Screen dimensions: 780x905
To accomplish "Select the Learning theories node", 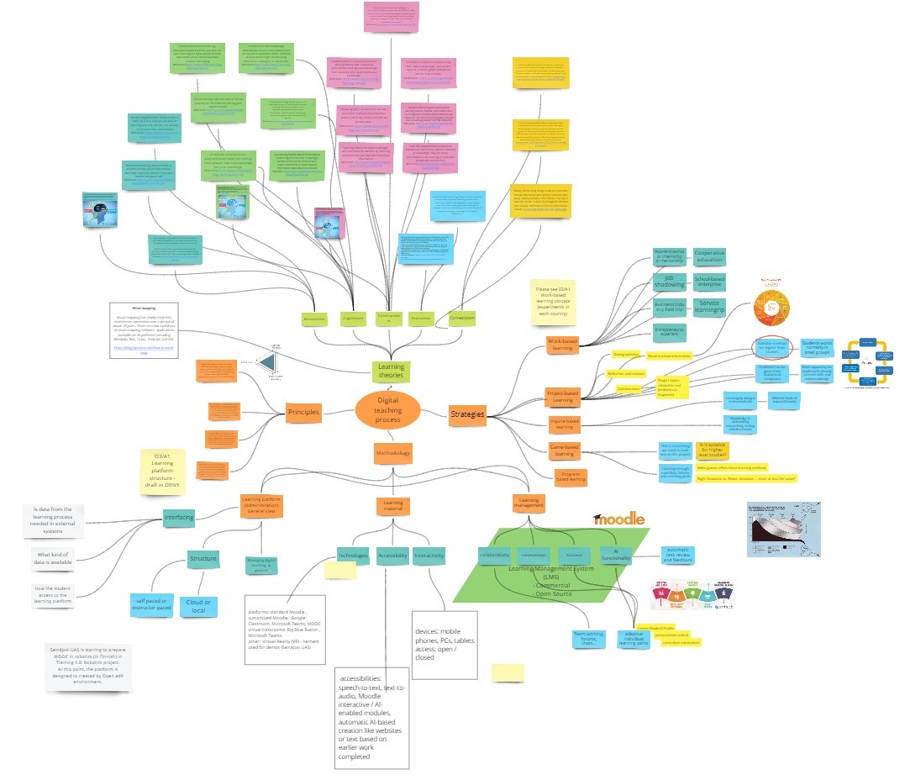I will (391, 371).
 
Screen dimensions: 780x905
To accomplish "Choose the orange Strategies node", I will (467, 414).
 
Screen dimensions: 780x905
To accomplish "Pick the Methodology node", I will (392, 454).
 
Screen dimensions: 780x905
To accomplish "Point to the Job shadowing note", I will (670, 281).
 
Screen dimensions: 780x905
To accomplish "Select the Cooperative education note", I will (709, 256).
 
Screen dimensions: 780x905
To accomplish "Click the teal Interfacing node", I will (178, 517).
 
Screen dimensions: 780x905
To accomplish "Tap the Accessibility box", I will (392, 555).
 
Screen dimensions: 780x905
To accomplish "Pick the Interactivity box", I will (429, 555).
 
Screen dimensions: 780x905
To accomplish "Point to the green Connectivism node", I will (461, 319).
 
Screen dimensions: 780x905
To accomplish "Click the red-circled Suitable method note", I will (771, 349).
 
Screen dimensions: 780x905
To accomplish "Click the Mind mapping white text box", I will (143, 331).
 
